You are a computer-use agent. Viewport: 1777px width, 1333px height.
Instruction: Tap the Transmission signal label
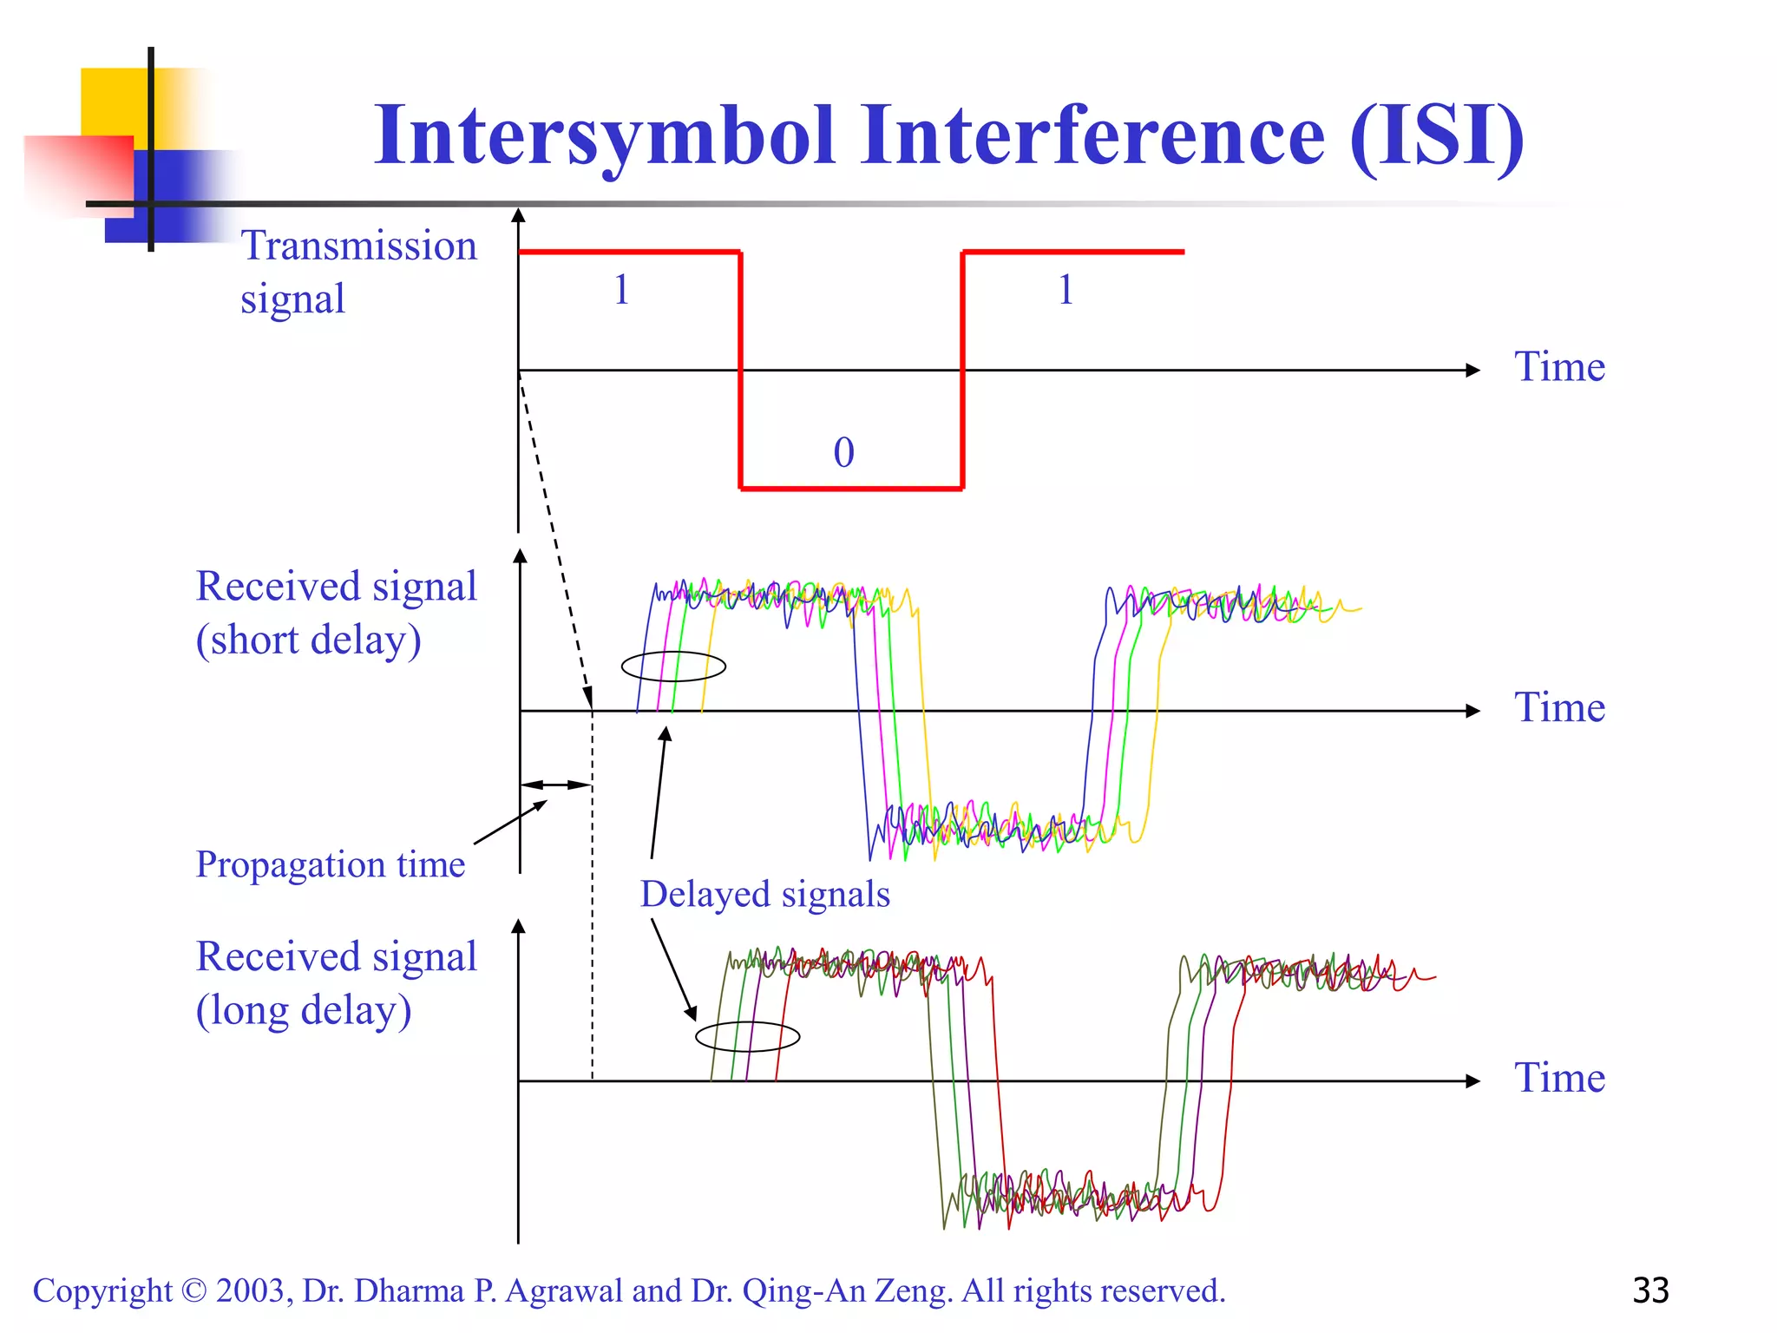pyautogui.click(x=357, y=272)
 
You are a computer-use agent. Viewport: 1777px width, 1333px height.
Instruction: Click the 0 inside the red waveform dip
pyautogui.click(x=843, y=453)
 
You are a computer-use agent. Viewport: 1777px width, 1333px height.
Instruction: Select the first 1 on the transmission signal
pyautogui.click(x=621, y=290)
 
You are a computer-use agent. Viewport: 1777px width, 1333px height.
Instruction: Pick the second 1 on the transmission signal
pyautogui.click(x=1066, y=290)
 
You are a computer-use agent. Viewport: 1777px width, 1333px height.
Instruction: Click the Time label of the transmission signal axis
pyautogui.click(x=1559, y=367)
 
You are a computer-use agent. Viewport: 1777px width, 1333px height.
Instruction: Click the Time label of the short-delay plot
pyautogui.click(x=1559, y=707)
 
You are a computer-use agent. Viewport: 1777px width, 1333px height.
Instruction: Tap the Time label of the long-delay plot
pyautogui.click(x=1559, y=1078)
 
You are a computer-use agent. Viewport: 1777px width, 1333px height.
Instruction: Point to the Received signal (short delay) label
pyautogui.click(x=336, y=613)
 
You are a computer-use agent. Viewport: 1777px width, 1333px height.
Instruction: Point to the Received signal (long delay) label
pyautogui.click(x=336, y=983)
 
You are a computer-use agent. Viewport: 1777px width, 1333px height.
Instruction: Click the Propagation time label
pyautogui.click(x=330, y=864)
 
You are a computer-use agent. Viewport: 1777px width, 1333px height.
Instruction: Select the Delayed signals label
pyautogui.click(x=764, y=895)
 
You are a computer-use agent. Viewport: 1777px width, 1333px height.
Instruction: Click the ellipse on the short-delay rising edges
pyautogui.click(x=673, y=666)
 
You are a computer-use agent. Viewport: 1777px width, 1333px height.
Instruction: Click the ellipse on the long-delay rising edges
pyautogui.click(x=747, y=1036)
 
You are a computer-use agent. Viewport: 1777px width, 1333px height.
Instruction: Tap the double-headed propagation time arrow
pyautogui.click(x=555, y=785)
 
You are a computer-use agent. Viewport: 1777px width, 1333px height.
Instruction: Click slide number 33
pyautogui.click(x=1650, y=1290)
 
